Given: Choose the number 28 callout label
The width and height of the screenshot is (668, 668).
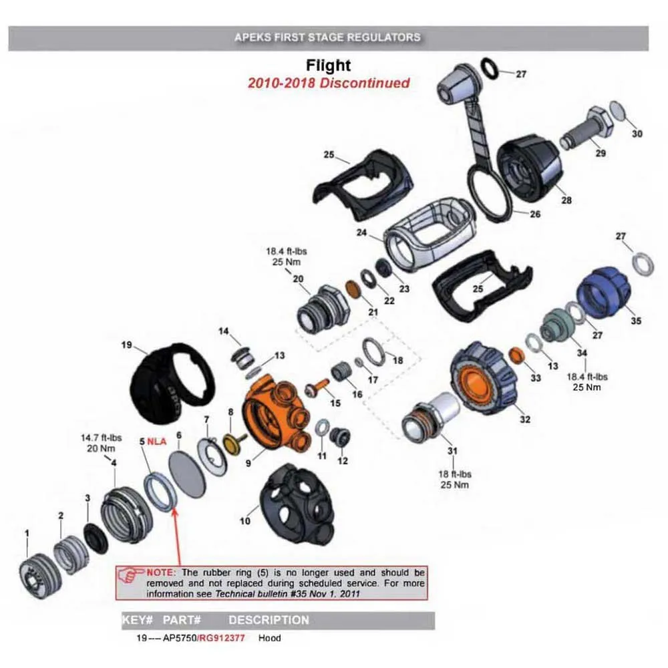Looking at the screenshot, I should pyautogui.click(x=566, y=200).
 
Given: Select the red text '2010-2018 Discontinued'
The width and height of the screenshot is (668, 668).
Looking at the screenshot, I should pyautogui.click(x=328, y=83).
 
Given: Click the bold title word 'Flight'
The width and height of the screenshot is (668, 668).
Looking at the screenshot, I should pyautogui.click(x=328, y=65).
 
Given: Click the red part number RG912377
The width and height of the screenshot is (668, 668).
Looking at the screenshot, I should pyautogui.click(x=224, y=638).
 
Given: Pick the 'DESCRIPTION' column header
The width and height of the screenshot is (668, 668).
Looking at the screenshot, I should pyautogui.click(x=269, y=620).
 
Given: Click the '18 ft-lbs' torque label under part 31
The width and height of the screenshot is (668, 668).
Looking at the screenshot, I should pyautogui.click(x=453, y=474).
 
